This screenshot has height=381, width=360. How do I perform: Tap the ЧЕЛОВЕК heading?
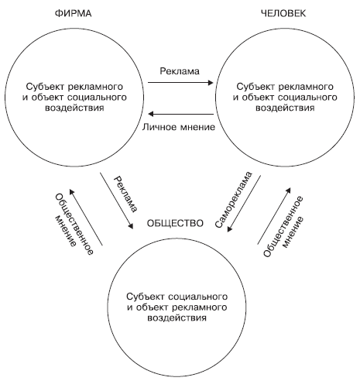pos(283,14)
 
